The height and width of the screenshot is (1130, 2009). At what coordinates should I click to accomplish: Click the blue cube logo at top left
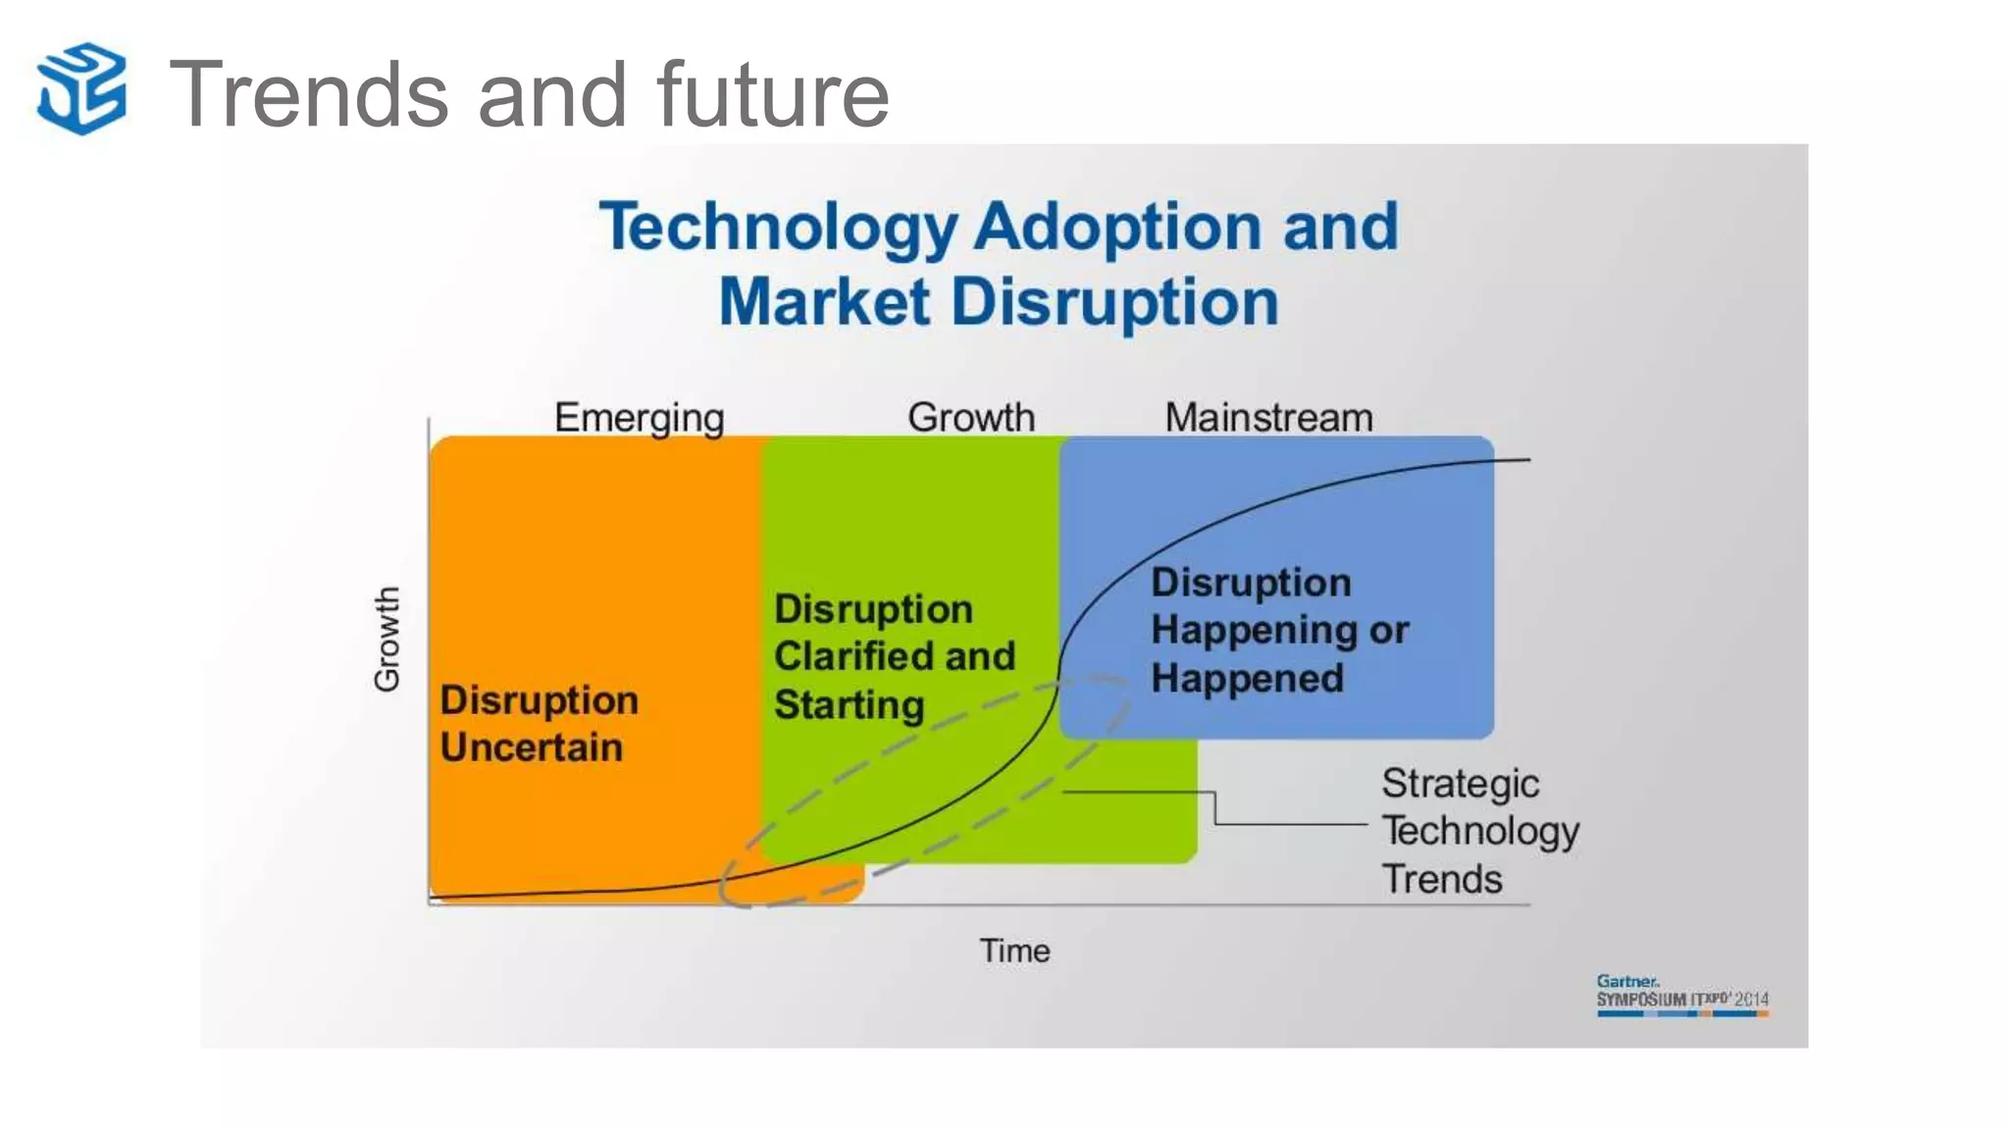tap(81, 88)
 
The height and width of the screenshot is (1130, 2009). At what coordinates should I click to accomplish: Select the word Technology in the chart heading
tap(778, 228)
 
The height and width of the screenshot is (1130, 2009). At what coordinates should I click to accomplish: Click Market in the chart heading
tap(824, 301)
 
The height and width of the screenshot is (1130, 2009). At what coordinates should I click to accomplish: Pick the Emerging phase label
tap(639, 418)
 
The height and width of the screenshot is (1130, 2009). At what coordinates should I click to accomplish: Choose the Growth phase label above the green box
tap(970, 418)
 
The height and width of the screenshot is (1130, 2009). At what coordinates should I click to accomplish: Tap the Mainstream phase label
tap(1268, 418)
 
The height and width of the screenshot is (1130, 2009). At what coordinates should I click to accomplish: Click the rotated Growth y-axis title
tap(386, 639)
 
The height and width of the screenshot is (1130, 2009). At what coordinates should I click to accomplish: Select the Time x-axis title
tap(1014, 950)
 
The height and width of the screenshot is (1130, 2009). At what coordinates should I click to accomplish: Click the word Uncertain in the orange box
tap(531, 747)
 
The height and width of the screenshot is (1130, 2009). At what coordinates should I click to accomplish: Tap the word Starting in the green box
tap(849, 704)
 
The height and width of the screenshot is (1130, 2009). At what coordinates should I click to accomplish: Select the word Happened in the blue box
tap(1247, 678)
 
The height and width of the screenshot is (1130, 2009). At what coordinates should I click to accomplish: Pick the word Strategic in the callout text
tap(1460, 784)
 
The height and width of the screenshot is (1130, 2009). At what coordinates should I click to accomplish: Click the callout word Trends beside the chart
tap(1442, 879)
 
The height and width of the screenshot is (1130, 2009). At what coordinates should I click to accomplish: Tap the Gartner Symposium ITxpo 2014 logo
tap(1681, 995)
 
